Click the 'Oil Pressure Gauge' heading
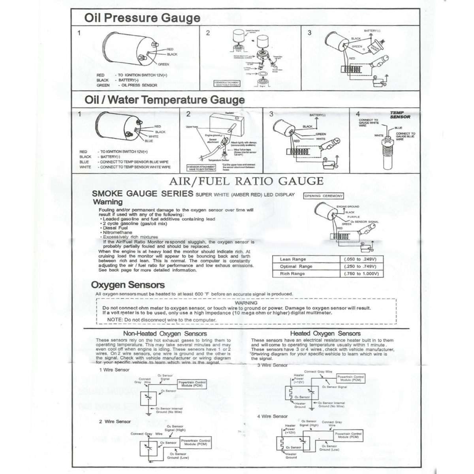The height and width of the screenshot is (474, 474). point(142,18)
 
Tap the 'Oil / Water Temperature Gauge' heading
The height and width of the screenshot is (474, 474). point(164,100)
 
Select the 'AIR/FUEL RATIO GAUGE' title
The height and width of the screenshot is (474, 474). point(246,181)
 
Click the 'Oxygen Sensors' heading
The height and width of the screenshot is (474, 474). point(128,285)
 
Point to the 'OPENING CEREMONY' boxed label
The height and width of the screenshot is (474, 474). point(324,196)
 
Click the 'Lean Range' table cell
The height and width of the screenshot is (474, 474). point(293,260)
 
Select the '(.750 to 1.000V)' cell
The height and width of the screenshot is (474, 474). point(361,274)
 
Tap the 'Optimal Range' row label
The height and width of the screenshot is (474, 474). point(296,267)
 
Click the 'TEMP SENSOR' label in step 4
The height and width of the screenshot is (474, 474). point(400,115)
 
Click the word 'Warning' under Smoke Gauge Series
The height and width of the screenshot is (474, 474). point(107,202)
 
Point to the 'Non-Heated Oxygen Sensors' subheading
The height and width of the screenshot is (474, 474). point(165,334)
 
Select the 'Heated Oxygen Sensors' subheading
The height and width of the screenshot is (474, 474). point(325,334)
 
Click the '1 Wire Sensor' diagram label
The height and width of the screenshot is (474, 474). point(114,370)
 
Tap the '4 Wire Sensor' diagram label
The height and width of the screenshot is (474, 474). point(273,416)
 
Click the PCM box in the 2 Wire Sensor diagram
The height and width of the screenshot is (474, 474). point(196,442)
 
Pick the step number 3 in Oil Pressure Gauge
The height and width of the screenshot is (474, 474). point(309,33)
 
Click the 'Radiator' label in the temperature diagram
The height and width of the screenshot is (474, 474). point(229,113)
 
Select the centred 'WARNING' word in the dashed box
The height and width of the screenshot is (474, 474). point(246,303)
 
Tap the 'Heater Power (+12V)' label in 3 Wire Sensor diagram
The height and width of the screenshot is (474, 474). point(299,379)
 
